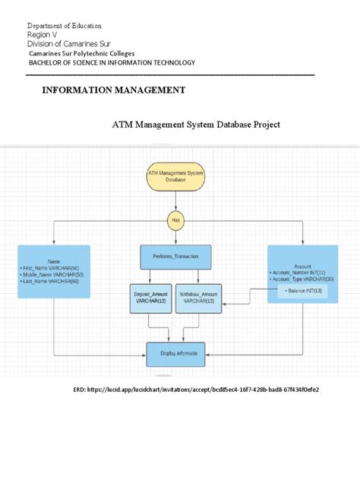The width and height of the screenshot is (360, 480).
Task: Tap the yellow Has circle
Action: click(x=176, y=221)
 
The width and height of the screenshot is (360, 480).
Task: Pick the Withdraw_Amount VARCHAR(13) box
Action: click(x=200, y=298)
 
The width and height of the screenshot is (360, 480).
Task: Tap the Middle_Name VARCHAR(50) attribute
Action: click(x=55, y=275)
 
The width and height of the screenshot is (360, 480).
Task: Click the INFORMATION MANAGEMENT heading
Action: click(x=113, y=90)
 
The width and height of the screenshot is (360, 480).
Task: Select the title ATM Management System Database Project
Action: click(x=195, y=124)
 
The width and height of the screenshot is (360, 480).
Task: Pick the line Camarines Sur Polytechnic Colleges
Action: click(x=81, y=54)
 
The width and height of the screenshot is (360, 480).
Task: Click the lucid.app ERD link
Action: click(x=201, y=390)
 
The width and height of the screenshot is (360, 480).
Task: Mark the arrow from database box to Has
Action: click(x=176, y=203)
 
